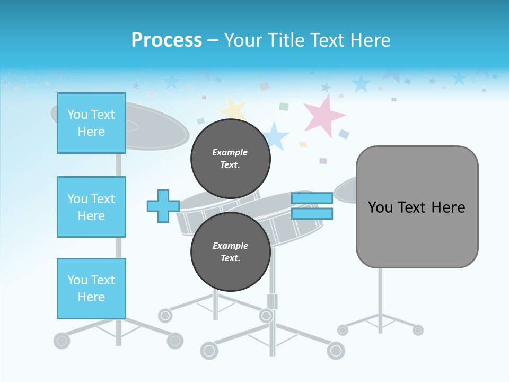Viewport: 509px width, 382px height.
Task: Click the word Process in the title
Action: (166, 40)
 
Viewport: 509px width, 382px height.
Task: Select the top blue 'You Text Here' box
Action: (91, 123)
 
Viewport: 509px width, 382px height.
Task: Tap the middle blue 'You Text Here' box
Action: (91, 207)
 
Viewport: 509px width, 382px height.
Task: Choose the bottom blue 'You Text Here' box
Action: (91, 289)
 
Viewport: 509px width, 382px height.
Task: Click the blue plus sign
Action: (163, 206)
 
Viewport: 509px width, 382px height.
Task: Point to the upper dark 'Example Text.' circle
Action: (230, 159)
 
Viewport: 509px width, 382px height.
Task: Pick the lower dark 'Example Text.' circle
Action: (230, 252)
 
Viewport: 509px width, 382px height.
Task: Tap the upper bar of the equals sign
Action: (312, 198)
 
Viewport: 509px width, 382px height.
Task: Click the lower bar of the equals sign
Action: (312, 213)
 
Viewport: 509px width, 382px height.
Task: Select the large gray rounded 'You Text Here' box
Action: (417, 207)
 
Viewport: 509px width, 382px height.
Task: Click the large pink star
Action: (323, 115)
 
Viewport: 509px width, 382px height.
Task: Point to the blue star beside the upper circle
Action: (275, 136)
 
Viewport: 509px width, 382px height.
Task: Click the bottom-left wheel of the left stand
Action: (62, 340)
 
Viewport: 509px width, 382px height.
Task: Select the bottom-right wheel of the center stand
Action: (336, 350)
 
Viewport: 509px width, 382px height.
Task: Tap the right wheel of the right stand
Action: (418, 330)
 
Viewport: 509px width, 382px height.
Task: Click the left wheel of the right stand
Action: (343, 330)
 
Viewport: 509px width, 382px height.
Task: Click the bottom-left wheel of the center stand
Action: (209, 350)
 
